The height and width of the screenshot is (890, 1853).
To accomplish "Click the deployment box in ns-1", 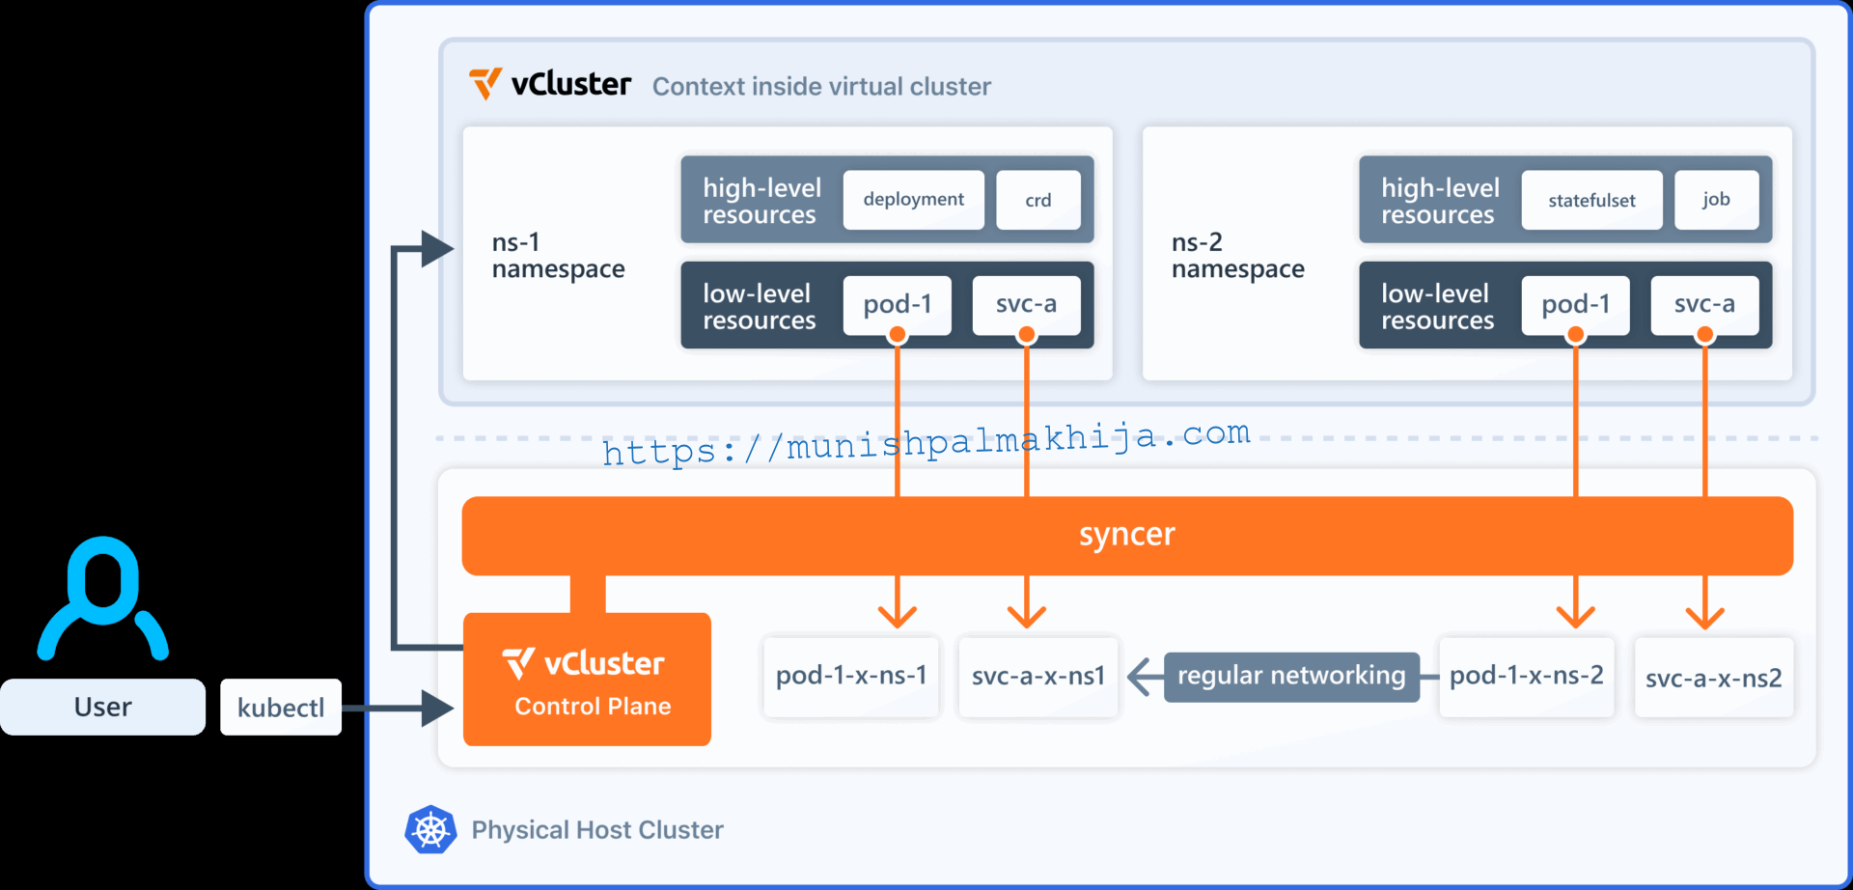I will click(913, 200).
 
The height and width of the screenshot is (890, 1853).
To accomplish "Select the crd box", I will click(1037, 200).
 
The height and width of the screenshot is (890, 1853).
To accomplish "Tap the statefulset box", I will click(1591, 200).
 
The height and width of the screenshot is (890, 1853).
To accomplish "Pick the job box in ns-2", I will click(1715, 200).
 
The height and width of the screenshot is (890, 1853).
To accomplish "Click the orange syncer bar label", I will click(1126, 535).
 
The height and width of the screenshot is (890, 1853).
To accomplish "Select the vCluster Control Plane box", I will click(587, 680).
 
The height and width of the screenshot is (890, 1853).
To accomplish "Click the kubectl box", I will click(281, 708).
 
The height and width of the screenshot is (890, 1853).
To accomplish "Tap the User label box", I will click(102, 708).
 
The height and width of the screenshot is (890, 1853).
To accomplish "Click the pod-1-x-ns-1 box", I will click(850, 676).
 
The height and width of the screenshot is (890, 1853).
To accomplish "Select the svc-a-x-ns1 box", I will click(1037, 676).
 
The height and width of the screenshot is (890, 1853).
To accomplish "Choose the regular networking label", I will click(1290, 676).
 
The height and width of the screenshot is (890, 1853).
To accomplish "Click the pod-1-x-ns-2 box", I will click(1526, 676).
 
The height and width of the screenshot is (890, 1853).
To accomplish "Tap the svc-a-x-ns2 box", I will click(1713, 678).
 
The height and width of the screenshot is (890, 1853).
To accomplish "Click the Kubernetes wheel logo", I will click(430, 829).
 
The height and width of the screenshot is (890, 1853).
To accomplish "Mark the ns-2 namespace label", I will click(1237, 256).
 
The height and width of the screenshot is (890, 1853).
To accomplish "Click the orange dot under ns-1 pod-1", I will click(898, 335).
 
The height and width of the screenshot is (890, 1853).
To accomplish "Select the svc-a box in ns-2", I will click(1704, 304).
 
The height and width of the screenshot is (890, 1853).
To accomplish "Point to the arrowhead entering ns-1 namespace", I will click(438, 248).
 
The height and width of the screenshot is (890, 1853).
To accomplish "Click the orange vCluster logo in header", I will click(485, 84).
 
